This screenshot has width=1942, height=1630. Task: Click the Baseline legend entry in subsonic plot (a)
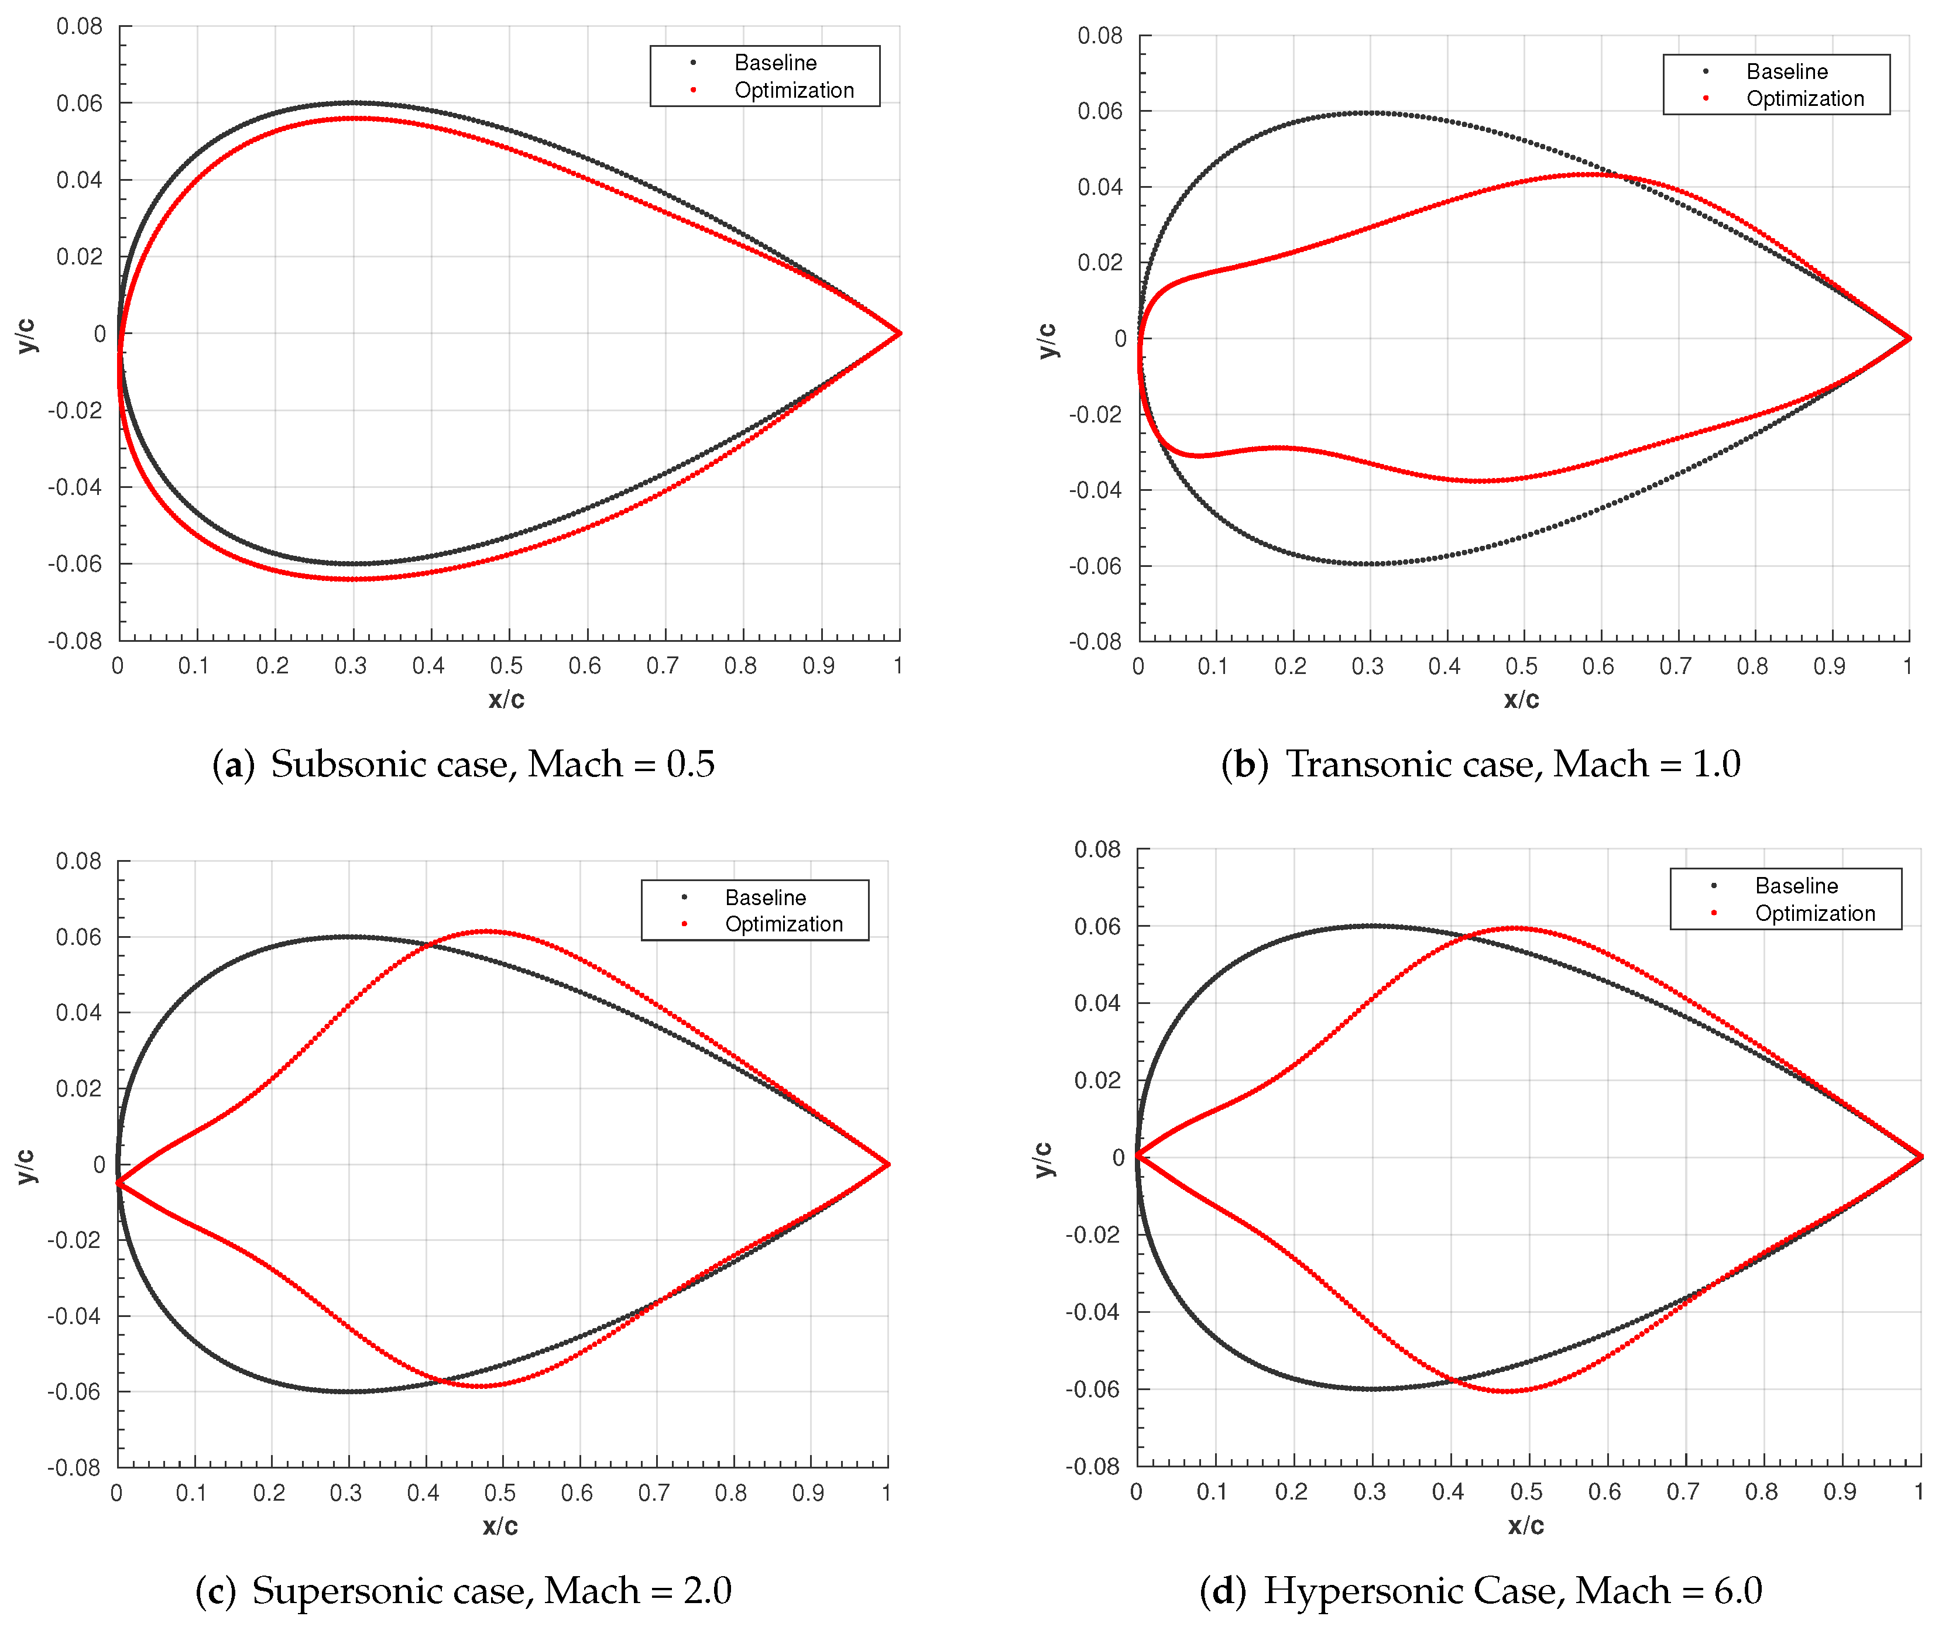point(775,63)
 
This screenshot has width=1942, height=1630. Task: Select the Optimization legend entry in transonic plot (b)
point(1804,99)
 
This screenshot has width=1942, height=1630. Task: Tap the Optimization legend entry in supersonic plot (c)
point(783,924)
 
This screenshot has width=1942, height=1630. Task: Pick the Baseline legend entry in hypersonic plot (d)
point(1796,886)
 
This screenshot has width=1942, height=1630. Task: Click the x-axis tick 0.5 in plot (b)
point(1521,666)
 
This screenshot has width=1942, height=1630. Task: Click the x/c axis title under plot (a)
point(506,700)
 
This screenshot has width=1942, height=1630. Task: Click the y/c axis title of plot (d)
point(1042,1160)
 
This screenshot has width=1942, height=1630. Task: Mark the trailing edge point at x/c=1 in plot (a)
point(899,333)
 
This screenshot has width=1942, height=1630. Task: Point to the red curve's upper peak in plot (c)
point(488,931)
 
